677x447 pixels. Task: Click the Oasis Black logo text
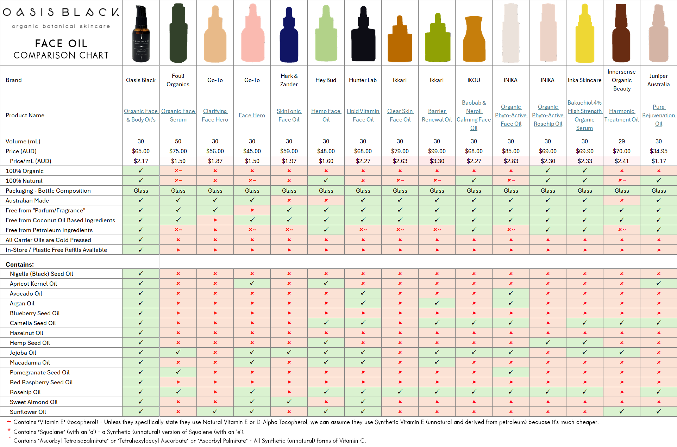click(61, 12)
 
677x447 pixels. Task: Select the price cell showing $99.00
click(437, 151)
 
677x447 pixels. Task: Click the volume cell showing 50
click(178, 141)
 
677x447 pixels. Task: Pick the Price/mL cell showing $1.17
click(658, 161)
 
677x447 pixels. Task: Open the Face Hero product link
click(252, 115)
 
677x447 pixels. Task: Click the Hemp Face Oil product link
click(326, 115)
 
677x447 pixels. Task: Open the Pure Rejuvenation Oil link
click(658, 115)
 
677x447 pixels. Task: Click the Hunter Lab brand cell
click(363, 80)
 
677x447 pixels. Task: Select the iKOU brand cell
click(474, 80)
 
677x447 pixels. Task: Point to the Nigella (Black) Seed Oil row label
click(42, 274)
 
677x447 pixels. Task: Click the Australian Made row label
click(27, 200)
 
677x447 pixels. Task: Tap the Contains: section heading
click(20, 265)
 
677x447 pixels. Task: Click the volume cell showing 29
click(621, 141)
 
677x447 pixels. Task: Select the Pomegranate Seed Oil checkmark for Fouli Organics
click(178, 372)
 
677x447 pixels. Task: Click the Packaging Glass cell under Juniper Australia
click(658, 191)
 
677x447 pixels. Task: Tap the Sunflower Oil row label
click(28, 412)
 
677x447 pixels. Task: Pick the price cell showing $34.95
click(658, 151)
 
